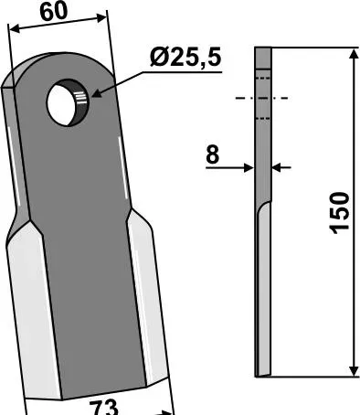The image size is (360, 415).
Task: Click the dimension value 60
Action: pos(53,12)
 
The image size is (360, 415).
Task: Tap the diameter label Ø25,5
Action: pos(185,57)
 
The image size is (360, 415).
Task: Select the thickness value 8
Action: pos(213,154)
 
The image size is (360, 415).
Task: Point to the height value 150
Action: pos(339,213)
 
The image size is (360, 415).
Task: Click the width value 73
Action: pos(103,408)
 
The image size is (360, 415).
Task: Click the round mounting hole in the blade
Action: pos(68,102)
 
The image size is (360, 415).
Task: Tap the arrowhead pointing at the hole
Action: pos(96,93)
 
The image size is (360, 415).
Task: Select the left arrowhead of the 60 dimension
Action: pos(15,29)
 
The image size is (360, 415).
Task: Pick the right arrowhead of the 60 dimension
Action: pos(101,18)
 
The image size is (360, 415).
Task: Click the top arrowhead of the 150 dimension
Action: pos(354,54)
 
